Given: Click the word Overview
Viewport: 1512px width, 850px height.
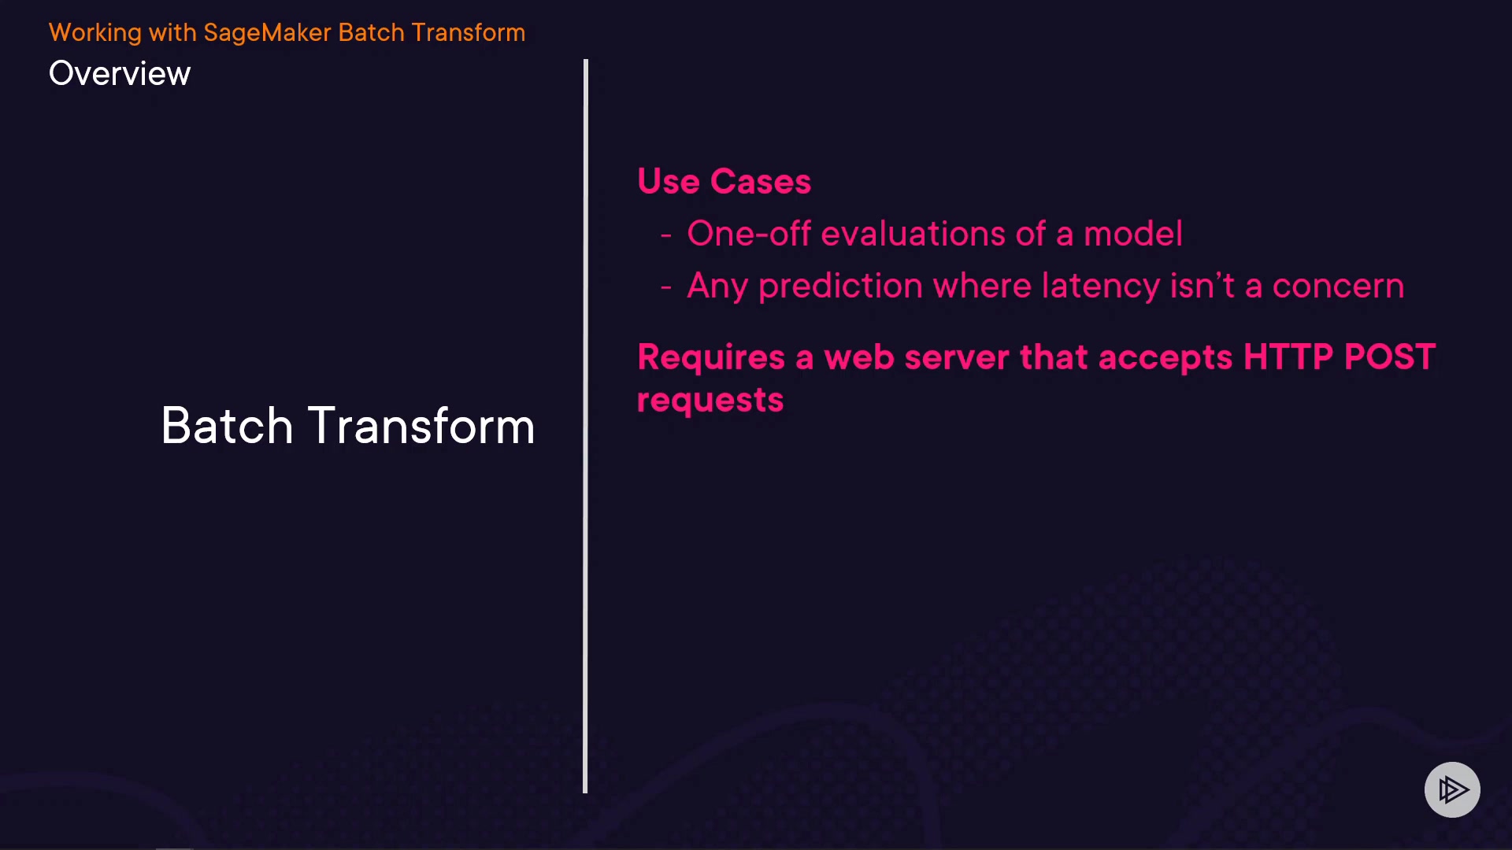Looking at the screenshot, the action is click(120, 73).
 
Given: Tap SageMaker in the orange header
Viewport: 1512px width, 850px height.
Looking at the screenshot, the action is click(267, 33).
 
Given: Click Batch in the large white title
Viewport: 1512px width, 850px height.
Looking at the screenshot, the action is click(228, 426).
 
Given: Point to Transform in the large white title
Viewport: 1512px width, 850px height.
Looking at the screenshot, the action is click(421, 426).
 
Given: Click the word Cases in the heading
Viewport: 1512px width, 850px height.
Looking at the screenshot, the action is click(761, 182).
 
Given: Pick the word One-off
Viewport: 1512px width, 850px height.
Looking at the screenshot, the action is click(749, 234).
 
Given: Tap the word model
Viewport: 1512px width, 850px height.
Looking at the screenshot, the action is click(1133, 234).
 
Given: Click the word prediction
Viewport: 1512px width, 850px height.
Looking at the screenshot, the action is click(840, 286).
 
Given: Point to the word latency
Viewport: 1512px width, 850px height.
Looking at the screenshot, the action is click(1101, 286).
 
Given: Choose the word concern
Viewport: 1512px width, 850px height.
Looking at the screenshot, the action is click(1338, 286).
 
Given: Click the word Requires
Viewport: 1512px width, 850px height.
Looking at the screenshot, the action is click(711, 358).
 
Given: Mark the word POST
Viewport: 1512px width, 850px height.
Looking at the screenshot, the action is click(1390, 357).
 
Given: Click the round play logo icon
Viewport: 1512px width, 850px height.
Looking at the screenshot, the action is click(1452, 789).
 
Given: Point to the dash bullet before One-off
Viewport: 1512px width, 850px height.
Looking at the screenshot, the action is click(666, 235).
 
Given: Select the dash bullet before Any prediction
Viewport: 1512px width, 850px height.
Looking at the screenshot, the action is click(666, 288).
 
